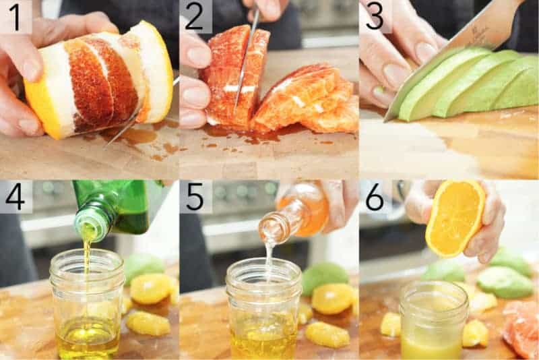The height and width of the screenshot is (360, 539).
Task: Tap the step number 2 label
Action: point(195,16)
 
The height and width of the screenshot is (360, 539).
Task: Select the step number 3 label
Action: point(375,16)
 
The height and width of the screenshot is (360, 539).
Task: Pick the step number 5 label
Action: point(195,197)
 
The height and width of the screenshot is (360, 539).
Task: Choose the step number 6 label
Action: point(375,197)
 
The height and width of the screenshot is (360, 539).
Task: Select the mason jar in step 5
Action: point(263,310)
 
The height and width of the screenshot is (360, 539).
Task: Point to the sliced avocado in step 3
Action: point(472,84)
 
